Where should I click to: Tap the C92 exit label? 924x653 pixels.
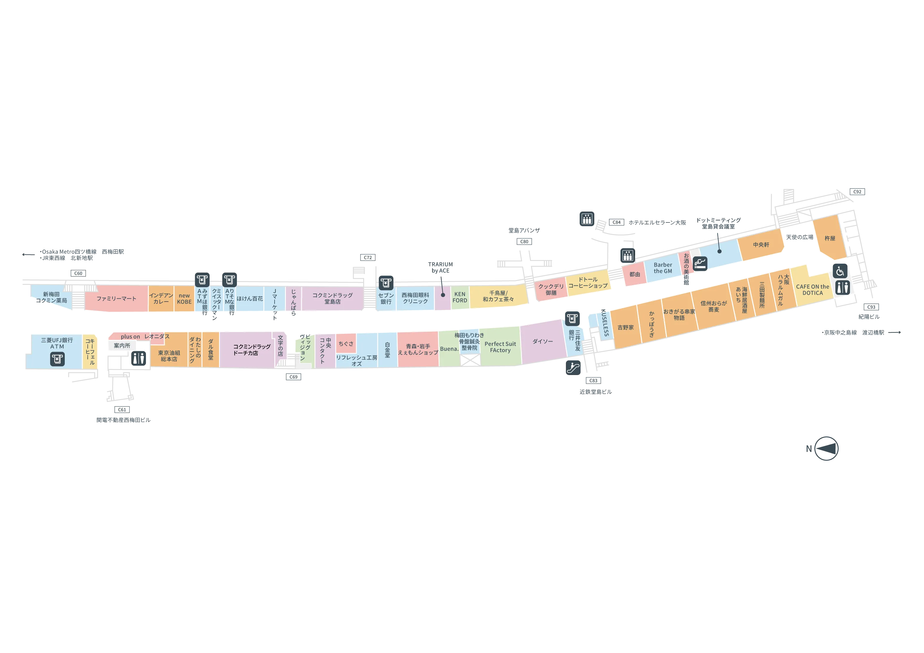(857, 192)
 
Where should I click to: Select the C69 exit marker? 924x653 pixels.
(293, 377)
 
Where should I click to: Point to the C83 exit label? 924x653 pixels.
(593, 380)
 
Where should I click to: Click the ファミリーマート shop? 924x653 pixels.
(116, 299)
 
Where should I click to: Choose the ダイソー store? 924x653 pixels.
(543, 341)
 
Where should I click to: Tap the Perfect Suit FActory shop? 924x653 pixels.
(500, 347)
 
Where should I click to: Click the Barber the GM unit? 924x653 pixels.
(663, 268)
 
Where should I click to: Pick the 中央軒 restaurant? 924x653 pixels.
(761, 245)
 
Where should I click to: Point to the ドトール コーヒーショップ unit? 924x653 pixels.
(588, 283)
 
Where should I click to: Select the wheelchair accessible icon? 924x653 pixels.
(840, 271)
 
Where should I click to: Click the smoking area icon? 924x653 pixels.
(700, 264)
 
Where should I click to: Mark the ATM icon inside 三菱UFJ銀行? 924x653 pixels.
(57, 359)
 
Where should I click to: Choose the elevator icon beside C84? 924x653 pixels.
(587, 219)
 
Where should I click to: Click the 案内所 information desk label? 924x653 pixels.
(122, 346)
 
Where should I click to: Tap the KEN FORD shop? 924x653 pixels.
(460, 297)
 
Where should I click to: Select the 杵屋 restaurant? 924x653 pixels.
(830, 238)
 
